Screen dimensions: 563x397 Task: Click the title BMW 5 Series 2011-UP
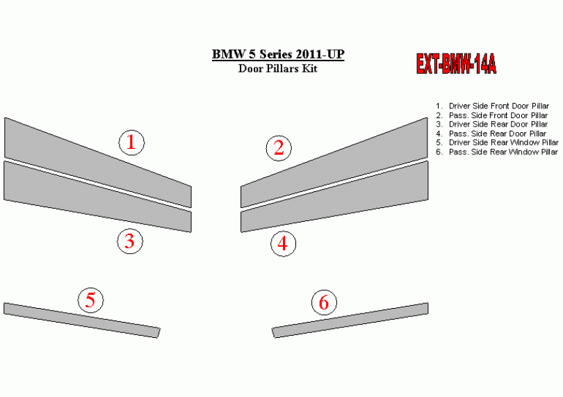point(278,54)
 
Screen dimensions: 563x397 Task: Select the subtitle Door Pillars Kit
point(278,68)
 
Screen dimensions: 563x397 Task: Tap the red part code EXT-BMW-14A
point(457,64)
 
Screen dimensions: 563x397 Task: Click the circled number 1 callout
point(131,143)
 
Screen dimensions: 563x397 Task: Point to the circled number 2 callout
point(279,148)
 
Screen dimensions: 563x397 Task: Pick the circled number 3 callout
point(130,241)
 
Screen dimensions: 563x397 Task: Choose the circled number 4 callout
point(284,243)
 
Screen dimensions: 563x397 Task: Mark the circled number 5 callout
point(91,300)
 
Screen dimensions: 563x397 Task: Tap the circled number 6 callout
point(324,302)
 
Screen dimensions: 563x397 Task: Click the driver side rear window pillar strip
point(82,320)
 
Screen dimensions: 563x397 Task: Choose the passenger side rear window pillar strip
point(350,320)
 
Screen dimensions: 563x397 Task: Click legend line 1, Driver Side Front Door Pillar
point(493,106)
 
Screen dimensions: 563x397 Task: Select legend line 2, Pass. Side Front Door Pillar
point(492,115)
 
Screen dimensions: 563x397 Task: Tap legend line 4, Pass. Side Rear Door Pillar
point(491,133)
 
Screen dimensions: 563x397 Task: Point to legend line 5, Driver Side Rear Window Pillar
point(497,143)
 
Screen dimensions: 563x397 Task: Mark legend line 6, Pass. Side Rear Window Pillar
point(497,152)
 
